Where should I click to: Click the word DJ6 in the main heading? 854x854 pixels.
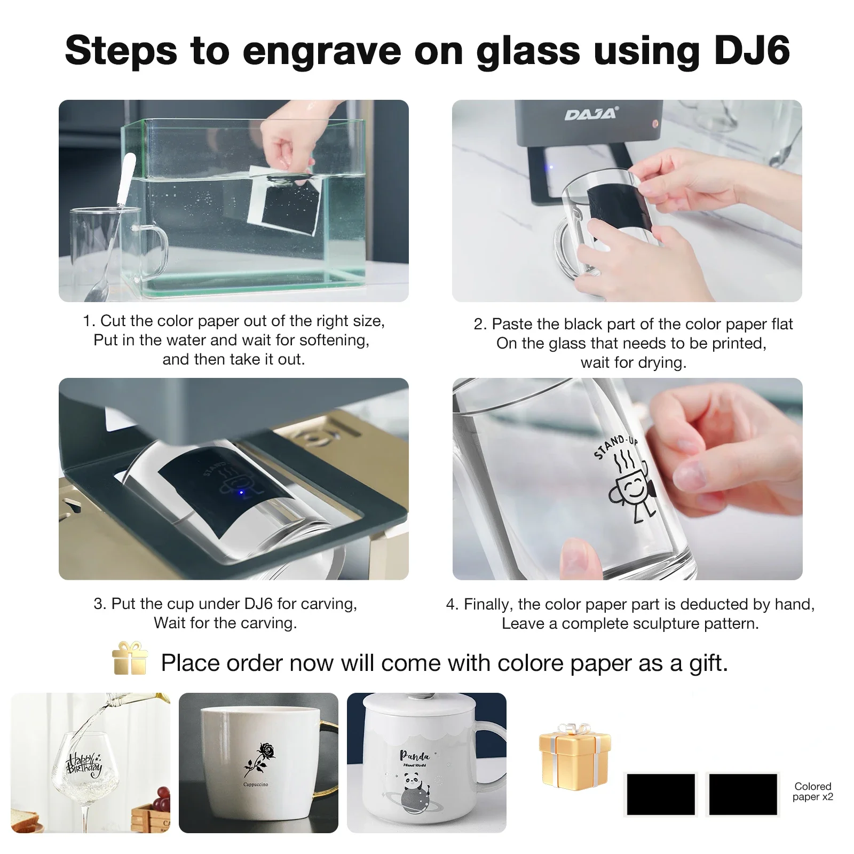tap(752, 50)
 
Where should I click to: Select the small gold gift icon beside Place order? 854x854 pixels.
tap(130, 658)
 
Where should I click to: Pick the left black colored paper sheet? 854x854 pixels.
tap(661, 794)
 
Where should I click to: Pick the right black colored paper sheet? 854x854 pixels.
tap(742, 794)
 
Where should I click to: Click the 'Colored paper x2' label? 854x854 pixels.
tap(812, 792)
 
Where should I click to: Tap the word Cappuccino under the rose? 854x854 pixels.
tap(256, 785)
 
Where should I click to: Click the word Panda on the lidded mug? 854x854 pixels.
tap(415, 755)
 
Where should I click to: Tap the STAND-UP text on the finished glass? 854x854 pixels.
tap(615, 446)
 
